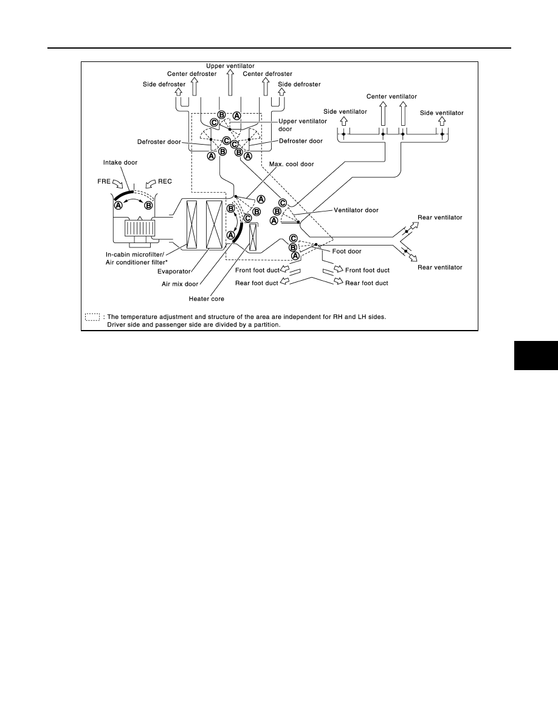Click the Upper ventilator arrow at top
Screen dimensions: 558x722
click(230, 83)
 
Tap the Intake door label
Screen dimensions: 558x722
click(120, 162)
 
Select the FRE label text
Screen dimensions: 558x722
click(104, 182)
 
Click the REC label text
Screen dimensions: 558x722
click(165, 182)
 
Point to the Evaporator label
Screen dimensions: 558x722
click(174, 272)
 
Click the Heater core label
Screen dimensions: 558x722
click(206, 299)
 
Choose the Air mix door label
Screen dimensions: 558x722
click(180, 284)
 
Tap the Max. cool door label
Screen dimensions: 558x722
click(291, 164)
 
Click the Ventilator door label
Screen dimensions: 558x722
click(356, 210)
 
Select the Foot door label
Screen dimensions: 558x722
click(346, 252)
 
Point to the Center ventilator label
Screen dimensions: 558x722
click(391, 96)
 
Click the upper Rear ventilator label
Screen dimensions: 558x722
click(439, 218)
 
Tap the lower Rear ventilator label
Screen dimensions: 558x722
click(439, 267)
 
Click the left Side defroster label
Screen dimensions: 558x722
click(164, 84)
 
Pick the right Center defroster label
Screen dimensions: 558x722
click(267, 74)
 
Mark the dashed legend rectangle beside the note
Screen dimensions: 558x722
click(92, 317)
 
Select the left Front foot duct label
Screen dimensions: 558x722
click(257, 270)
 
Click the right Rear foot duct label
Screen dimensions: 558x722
click(367, 283)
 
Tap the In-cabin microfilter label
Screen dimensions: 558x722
click(135, 255)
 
